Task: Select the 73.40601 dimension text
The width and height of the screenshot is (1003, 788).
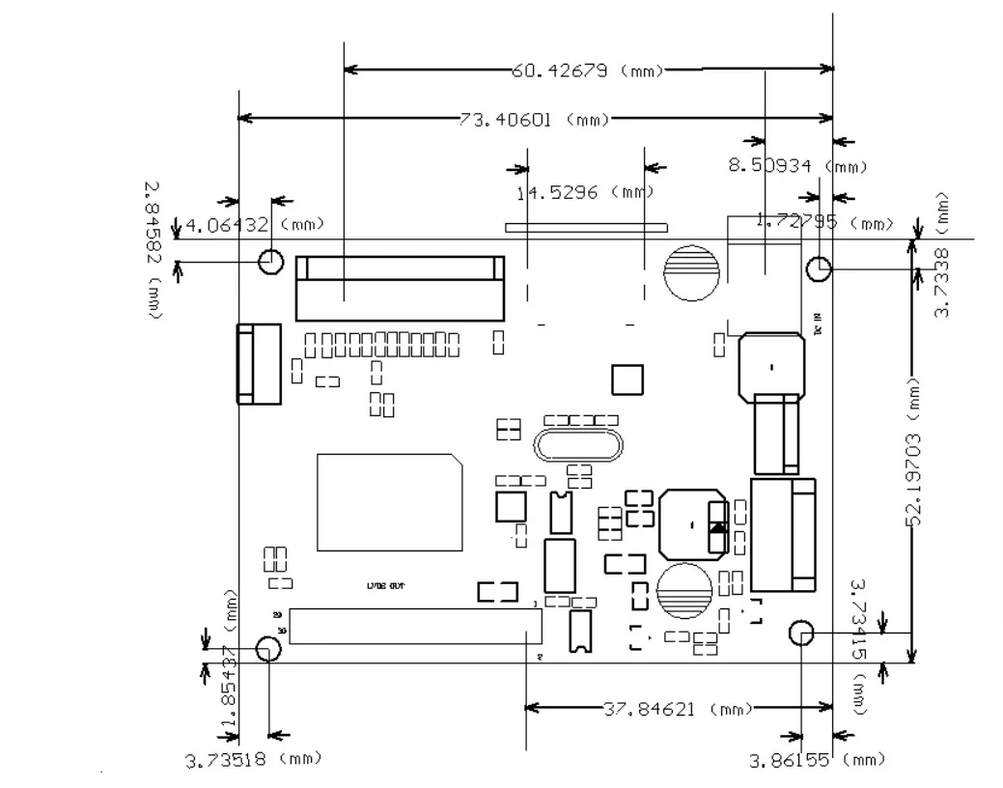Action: (x=506, y=120)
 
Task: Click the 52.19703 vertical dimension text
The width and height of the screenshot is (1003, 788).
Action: (x=915, y=480)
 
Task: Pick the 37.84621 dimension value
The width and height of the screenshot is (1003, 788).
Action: (x=650, y=710)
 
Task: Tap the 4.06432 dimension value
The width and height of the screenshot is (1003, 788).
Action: (x=227, y=226)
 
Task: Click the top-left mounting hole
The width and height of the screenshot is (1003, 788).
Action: (x=271, y=261)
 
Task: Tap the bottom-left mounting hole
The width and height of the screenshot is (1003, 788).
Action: (x=268, y=649)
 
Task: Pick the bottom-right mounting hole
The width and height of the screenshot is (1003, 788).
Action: (x=801, y=633)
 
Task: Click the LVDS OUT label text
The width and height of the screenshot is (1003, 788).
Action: (x=385, y=586)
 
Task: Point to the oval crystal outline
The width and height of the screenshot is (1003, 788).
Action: (x=576, y=446)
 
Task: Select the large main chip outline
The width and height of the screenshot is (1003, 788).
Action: (x=389, y=502)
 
